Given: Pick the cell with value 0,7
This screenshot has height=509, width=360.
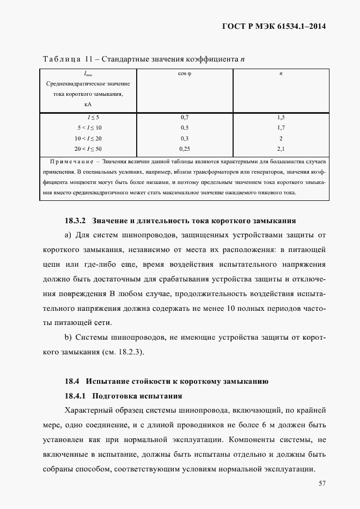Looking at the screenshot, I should [185, 117].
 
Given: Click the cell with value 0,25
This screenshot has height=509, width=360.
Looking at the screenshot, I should [185, 148].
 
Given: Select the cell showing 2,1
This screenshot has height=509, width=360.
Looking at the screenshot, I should [280, 148].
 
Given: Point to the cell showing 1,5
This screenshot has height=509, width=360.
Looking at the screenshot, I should [280, 117].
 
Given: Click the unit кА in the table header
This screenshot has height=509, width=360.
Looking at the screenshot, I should [88, 103].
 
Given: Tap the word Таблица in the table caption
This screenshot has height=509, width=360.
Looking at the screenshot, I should [61, 59].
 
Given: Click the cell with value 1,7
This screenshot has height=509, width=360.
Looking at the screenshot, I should [280, 127].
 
